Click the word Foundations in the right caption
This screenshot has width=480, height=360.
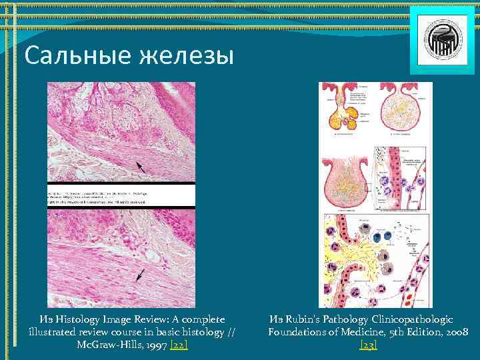tap(297, 331)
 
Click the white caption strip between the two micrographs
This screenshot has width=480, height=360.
tap(121, 195)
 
